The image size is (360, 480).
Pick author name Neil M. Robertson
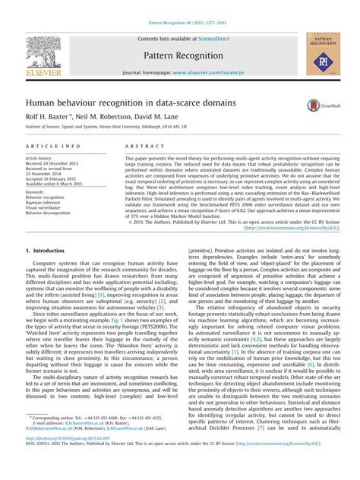click(x=112, y=117)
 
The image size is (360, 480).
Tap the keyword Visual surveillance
click(x=48, y=208)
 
